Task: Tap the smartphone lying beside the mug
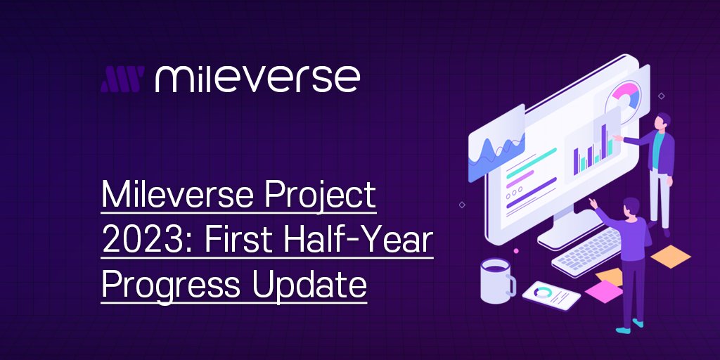[x=551, y=294]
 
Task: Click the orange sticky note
[x=671, y=256]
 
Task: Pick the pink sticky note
[x=604, y=290]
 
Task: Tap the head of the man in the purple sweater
[x=630, y=207]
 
